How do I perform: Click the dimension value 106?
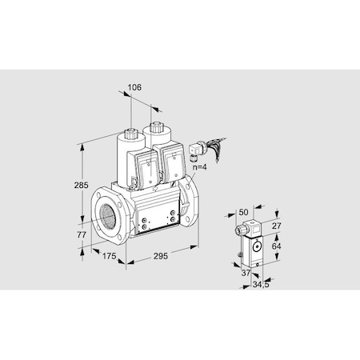coord(134,89)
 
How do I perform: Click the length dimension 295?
coord(161,256)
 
